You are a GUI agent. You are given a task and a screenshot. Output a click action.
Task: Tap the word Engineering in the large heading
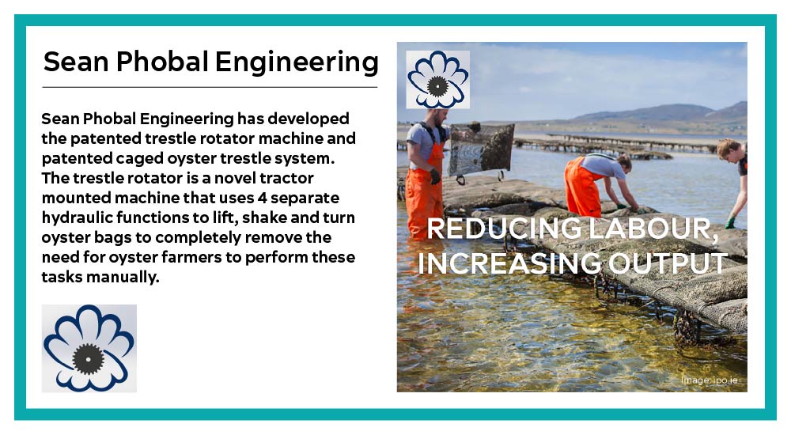point(297,62)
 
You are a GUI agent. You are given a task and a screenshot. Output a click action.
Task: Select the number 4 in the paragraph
point(262,197)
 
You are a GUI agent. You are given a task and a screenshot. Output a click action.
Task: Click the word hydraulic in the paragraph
point(77,217)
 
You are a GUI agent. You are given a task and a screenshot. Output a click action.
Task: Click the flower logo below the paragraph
point(89,348)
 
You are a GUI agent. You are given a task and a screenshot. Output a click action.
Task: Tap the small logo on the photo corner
point(437,79)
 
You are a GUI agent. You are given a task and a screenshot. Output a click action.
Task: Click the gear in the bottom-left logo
point(89,359)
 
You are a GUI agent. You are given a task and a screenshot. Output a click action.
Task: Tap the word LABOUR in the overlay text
point(653,229)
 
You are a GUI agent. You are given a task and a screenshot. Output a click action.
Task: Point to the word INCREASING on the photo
point(509,263)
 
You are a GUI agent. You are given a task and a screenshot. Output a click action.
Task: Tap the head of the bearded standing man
point(437,117)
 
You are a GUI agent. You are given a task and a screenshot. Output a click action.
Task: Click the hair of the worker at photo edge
point(728,147)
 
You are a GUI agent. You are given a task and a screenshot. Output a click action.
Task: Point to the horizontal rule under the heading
point(210,87)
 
